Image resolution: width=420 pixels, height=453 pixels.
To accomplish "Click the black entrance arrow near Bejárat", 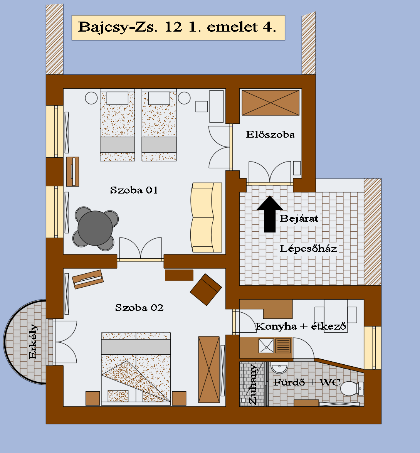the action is click(x=270, y=214).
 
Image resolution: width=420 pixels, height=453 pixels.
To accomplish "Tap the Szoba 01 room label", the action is click(x=134, y=190).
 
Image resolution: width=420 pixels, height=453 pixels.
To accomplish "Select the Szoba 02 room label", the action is click(x=139, y=308).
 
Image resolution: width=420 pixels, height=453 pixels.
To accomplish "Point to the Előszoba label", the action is click(x=270, y=134).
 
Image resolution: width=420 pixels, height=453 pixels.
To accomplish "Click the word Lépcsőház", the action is click(x=308, y=249).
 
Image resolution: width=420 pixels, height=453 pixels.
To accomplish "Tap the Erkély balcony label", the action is click(x=33, y=342).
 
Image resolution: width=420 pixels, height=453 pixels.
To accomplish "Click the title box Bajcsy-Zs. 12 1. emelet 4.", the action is click(x=178, y=28).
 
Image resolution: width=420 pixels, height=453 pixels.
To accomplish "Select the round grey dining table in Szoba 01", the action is click(x=95, y=228).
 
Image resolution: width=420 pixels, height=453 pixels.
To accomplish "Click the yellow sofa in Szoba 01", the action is click(x=206, y=217).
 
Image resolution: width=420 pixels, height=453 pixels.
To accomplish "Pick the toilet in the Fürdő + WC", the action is click(x=351, y=388).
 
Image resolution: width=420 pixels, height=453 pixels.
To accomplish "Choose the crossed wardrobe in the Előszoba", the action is click(x=270, y=103).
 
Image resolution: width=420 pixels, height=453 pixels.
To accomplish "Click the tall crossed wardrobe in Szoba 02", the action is click(x=209, y=369).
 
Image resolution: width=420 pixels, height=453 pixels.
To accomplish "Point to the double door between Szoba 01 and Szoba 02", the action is click(x=140, y=249).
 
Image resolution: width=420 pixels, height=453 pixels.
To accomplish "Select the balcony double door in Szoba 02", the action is click(x=65, y=342).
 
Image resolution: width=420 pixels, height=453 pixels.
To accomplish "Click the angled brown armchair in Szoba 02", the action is click(x=206, y=290).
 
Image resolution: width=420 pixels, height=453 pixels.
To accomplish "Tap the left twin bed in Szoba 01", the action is click(x=117, y=125).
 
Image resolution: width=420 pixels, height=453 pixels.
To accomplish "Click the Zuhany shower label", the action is click(x=252, y=384).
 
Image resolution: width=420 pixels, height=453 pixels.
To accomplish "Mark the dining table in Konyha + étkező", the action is click(x=336, y=315).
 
